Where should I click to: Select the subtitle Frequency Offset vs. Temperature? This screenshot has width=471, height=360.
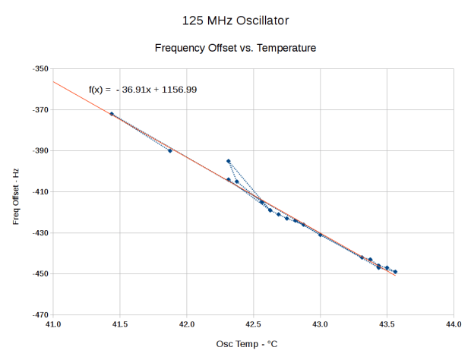point(235,48)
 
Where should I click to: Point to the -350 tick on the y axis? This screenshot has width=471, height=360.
point(40,69)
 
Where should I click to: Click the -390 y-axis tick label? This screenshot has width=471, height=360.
point(40,150)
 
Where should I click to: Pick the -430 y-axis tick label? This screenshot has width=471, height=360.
point(40,232)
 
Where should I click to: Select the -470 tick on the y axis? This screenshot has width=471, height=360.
point(40,314)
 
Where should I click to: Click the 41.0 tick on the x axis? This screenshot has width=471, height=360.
point(53,324)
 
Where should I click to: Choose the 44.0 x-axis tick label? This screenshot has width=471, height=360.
point(454,324)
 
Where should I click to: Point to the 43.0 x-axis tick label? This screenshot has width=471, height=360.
point(320,324)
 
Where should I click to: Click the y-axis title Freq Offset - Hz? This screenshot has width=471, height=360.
point(16,191)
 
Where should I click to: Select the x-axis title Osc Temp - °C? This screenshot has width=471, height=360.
point(247,344)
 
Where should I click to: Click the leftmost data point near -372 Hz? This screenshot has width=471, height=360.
point(112,114)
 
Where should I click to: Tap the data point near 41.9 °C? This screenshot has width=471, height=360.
point(170,150)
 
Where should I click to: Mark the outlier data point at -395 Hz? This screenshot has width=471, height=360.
point(228,161)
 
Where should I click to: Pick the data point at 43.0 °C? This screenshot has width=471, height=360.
point(320,235)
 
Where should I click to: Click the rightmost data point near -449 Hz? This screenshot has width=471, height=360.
point(395,272)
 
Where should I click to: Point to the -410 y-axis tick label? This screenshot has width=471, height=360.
point(40,191)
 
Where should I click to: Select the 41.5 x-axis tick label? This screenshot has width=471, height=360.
point(120,324)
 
